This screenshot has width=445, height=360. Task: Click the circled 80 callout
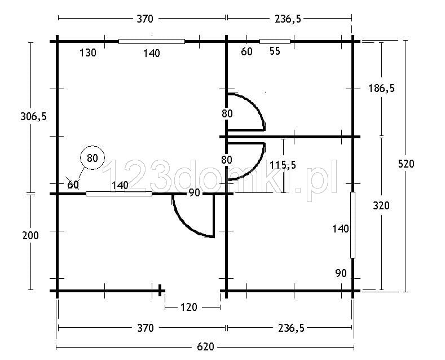point(92,158)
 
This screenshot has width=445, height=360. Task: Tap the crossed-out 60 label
point(73,185)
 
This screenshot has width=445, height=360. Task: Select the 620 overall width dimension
point(205,347)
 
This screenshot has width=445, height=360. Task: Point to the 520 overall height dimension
point(406,164)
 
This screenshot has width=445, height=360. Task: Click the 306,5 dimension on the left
point(33,116)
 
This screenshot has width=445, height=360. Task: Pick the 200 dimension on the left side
point(30,235)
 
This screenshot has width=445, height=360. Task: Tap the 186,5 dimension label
point(381,89)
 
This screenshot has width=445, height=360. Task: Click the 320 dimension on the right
point(381,205)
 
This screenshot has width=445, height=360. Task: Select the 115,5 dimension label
point(283,165)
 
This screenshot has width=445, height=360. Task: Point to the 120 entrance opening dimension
point(189,307)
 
